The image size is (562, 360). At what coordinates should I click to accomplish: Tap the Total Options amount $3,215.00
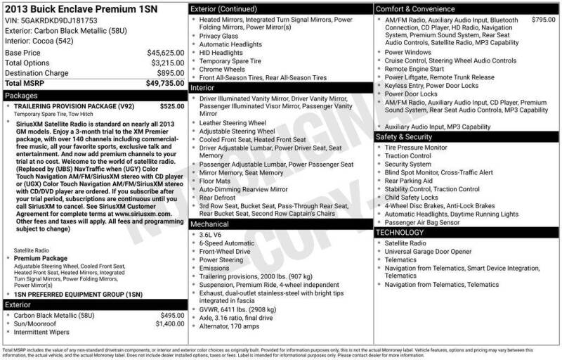pyautogui.click(x=167, y=63)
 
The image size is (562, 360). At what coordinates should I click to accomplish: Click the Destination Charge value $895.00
pyautogui.click(x=171, y=73)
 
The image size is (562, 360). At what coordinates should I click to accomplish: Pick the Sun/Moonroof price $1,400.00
pyautogui.click(x=170, y=324)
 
